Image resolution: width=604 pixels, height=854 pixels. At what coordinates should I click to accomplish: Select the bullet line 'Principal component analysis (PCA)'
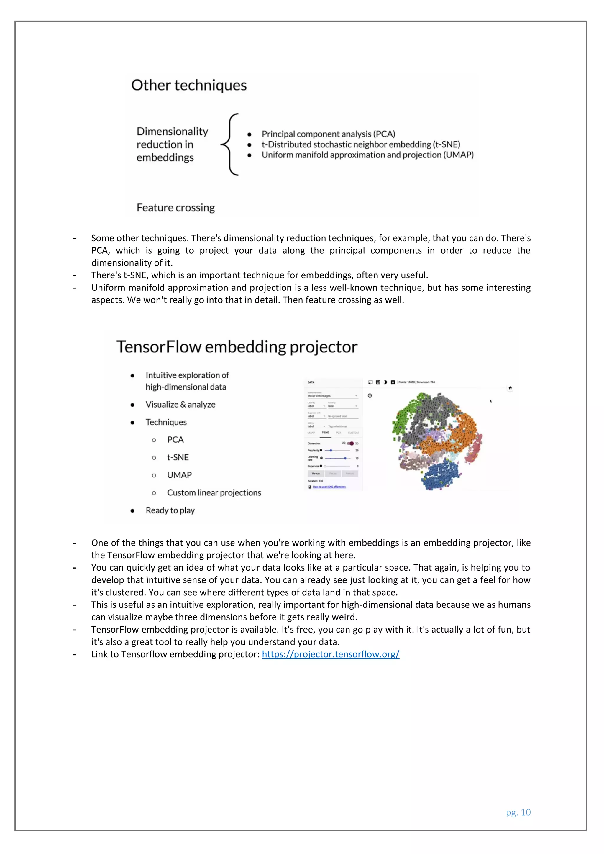328,134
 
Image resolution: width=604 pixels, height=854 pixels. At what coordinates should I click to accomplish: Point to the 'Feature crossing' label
175,208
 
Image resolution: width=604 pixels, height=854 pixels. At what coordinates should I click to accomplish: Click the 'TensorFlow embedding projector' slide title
237,347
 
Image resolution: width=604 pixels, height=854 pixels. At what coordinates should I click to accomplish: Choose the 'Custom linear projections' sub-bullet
214,492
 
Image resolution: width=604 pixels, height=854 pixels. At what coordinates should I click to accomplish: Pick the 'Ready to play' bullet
170,510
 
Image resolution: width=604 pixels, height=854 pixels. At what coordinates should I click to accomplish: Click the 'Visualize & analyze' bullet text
180,404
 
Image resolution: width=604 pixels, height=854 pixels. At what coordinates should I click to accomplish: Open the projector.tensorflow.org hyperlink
330,654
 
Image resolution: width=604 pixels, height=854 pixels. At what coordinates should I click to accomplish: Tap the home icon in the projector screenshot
510,388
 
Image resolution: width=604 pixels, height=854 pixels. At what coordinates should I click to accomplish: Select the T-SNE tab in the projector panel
325,433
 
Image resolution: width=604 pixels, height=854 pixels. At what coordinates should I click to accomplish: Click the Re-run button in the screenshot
316,474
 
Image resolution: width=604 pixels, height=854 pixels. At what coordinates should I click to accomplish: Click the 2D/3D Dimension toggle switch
350,443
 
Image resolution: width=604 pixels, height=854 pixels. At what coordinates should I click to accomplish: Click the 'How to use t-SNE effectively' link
329,487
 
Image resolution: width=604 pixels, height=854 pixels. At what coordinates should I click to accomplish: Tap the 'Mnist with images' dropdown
332,396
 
